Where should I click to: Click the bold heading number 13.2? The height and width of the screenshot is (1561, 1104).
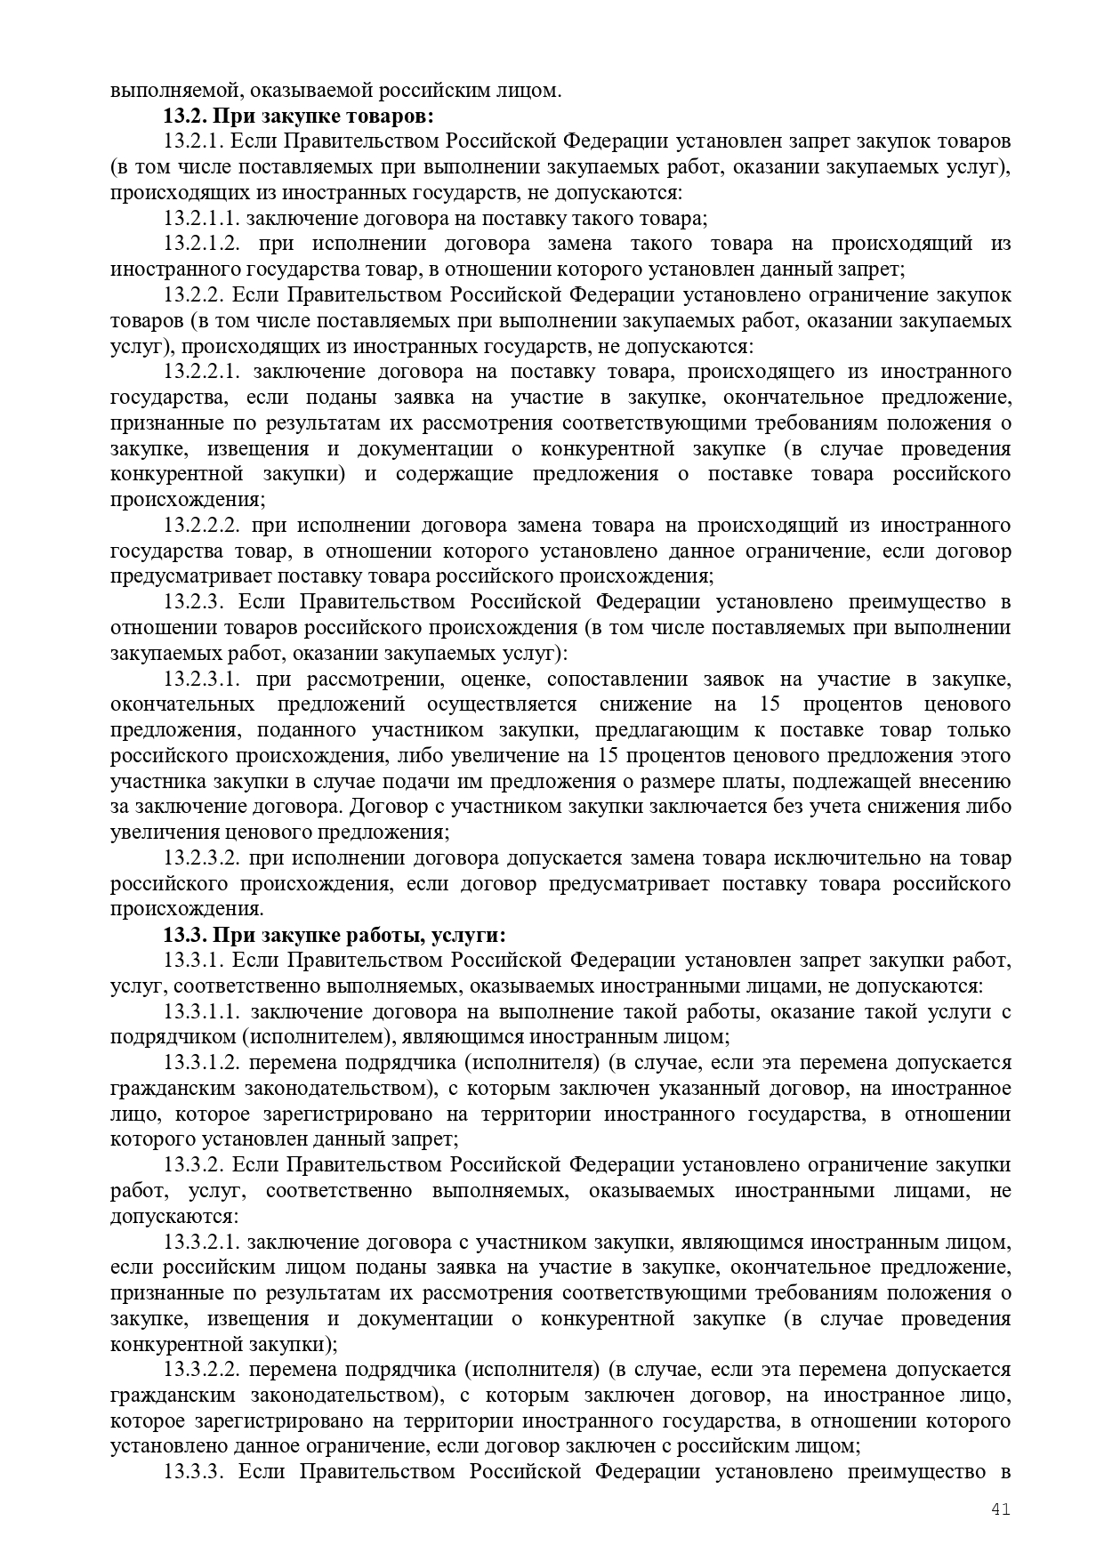click(x=184, y=116)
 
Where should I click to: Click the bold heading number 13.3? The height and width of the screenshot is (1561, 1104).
click(x=184, y=935)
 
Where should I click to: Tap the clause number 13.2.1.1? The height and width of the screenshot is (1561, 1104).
click(x=202, y=218)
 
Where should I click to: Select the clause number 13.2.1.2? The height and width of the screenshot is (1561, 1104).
click(x=202, y=244)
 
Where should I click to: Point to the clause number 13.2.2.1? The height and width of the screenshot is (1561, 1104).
click(x=202, y=371)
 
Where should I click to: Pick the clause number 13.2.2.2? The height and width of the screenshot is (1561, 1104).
click(x=202, y=525)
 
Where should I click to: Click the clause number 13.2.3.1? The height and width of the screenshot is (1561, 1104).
click(x=202, y=679)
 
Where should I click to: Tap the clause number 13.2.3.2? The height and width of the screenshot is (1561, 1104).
click(x=202, y=858)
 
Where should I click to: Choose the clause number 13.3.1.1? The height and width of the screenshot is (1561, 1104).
click(x=202, y=1011)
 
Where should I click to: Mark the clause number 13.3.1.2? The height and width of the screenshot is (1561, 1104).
click(x=202, y=1063)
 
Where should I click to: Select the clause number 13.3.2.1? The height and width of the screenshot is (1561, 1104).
click(x=202, y=1242)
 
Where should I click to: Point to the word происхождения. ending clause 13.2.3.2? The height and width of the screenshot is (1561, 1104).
click(x=186, y=910)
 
